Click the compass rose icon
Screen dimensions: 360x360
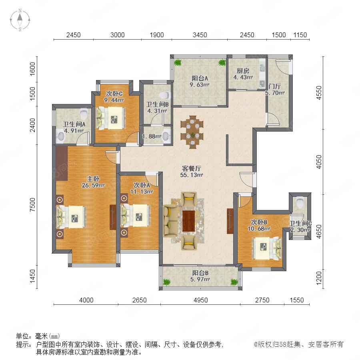[x=20, y=20]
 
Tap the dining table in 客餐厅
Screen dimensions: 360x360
[x=192, y=132]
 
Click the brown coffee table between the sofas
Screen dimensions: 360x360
[x=189, y=221]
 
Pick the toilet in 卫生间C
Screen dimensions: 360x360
[x=300, y=202]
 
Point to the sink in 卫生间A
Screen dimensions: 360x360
[x=61, y=136]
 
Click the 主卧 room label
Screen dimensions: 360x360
[x=93, y=179]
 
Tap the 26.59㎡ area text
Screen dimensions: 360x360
[x=93, y=185]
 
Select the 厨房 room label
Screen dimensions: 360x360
[x=243, y=71]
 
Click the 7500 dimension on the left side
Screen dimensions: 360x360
[x=33, y=205]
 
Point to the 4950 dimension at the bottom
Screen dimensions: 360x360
[x=200, y=300]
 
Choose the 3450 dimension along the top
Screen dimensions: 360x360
[x=200, y=35]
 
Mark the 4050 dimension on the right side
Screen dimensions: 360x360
[x=319, y=162]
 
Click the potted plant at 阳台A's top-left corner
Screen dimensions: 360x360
[x=178, y=62]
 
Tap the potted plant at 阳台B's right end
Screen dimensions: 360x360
[x=234, y=282]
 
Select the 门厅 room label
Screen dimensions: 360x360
[x=274, y=86]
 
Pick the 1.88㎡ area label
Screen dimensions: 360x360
[x=152, y=136]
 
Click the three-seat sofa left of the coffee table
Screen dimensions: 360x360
[x=170, y=221]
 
